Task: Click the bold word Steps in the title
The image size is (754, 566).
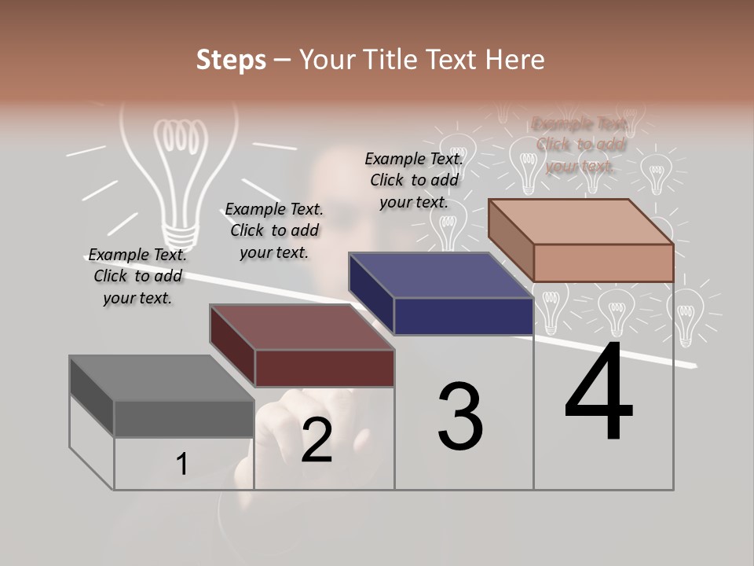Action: [231, 60]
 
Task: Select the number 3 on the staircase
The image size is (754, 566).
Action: [460, 417]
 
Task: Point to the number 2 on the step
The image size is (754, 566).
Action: [317, 441]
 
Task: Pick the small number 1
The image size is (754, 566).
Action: [181, 465]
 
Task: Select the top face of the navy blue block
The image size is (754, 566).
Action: [441, 275]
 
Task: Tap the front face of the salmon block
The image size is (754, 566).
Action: [603, 263]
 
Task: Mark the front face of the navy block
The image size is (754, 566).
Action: [463, 316]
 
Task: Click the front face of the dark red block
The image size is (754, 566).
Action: [324, 368]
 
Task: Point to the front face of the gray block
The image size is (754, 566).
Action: [184, 418]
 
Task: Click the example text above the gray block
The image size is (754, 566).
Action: [137, 276]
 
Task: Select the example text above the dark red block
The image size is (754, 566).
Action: [274, 230]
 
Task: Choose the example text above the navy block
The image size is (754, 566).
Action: [414, 180]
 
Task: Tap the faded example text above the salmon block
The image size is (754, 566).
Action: [580, 145]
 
